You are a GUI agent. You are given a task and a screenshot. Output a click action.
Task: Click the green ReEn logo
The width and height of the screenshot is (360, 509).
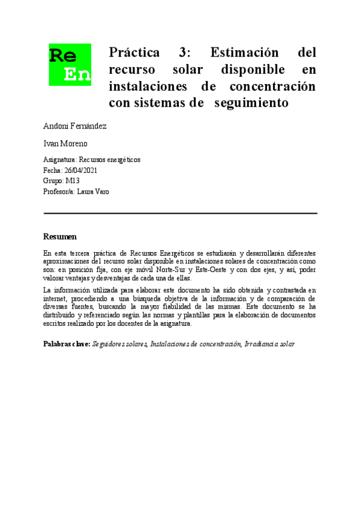click(70, 64)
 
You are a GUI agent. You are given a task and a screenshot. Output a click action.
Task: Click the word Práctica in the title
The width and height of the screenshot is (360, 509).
click(134, 52)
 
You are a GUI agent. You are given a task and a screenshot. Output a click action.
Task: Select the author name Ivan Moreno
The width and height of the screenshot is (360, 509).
click(65, 144)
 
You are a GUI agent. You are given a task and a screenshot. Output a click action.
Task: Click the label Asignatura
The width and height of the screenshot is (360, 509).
click(60, 160)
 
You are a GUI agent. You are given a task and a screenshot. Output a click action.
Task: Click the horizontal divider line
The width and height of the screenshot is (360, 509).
click(180, 213)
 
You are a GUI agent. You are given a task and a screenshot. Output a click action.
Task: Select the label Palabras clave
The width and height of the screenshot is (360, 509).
click(67, 344)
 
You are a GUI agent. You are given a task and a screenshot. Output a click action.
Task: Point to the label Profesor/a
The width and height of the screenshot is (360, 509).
click(58, 191)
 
